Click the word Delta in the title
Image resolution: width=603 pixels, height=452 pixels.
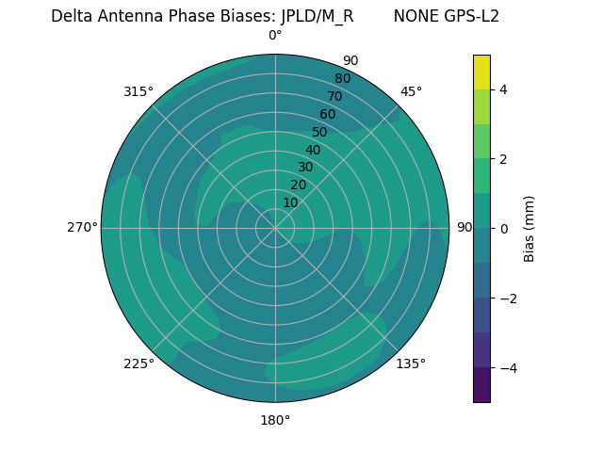72,16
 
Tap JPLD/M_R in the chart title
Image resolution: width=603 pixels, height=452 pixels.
318,16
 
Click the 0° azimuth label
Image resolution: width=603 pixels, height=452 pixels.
275,36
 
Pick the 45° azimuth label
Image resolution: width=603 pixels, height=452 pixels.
412,91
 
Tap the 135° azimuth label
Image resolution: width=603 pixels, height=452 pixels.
411,363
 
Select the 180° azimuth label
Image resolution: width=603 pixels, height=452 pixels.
275,420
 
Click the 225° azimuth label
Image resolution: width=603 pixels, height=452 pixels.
139,363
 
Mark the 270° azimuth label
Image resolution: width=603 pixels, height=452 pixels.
82,227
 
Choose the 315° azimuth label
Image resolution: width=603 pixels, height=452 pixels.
139,91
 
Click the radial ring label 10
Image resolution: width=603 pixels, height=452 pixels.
290,202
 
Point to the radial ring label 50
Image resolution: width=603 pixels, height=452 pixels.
319,132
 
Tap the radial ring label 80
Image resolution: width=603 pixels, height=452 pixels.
342,78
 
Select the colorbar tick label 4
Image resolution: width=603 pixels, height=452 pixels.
503,89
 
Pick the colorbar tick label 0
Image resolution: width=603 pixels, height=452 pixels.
503,229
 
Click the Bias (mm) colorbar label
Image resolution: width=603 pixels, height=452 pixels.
530,229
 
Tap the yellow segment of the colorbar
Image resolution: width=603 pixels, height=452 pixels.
481,72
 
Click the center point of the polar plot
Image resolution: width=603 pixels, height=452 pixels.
275,228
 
